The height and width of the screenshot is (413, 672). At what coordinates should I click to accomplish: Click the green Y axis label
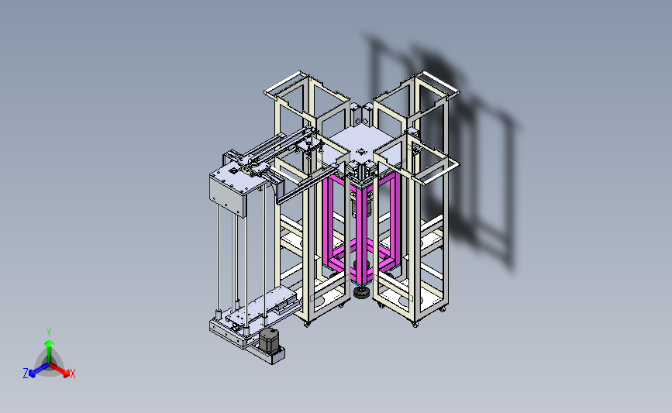click(49, 332)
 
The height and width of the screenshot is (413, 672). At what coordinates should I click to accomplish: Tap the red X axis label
click(72, 373)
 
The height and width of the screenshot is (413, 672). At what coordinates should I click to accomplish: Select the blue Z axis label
click(26, 373)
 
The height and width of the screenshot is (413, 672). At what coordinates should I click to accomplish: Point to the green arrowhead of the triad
click(50, 343)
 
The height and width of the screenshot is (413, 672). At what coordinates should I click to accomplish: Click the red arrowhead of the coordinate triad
click(65, 373)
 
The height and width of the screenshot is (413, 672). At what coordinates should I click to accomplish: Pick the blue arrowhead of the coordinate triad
click(32, 373)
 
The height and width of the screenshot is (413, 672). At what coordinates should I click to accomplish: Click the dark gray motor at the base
click(269, 341)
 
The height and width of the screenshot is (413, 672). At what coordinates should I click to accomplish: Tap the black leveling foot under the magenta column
click(362, 293)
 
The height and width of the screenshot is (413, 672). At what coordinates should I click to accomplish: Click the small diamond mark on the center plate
click(361, 151)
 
